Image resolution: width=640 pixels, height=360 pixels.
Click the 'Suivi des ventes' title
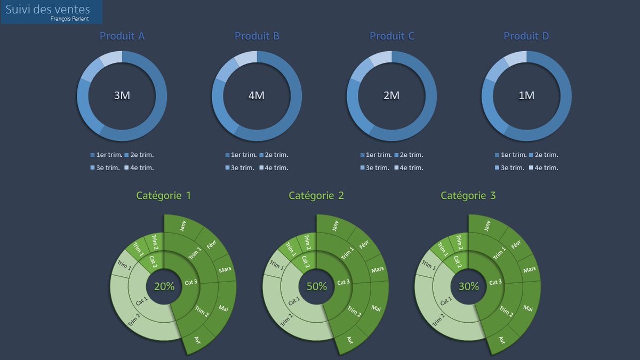[x=47, y=10]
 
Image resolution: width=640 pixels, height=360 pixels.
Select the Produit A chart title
[x=122, y=36]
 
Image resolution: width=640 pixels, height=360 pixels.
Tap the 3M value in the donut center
[x=122, y=95]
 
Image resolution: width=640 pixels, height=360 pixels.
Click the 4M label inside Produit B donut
[x=257, y=95]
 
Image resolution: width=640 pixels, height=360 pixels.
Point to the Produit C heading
[x=392, y=36]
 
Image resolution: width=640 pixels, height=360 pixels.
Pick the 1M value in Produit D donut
[x=526, y=95]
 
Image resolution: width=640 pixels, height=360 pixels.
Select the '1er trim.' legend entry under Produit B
[x=241, y=155]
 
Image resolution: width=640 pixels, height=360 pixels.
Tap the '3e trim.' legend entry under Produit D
[x=509, y=168]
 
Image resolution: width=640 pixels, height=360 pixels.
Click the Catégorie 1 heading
[x=164, y=196]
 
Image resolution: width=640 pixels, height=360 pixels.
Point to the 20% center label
[x=164, y=286]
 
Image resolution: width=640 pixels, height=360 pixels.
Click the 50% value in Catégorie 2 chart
[x=316, y=286]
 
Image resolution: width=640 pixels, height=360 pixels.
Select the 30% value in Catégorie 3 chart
[x=469, y=286]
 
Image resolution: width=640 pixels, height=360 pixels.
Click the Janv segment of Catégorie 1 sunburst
[x=183, y=227]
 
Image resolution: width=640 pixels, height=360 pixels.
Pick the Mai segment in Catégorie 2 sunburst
[x=376, y=308]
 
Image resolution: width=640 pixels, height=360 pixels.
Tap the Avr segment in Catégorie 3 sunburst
[x=502, y=339]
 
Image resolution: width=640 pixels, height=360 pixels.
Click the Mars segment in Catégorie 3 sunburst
[x=530, y=270]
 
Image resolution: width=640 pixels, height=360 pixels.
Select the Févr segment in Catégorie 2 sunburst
[x=364, y=245]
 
